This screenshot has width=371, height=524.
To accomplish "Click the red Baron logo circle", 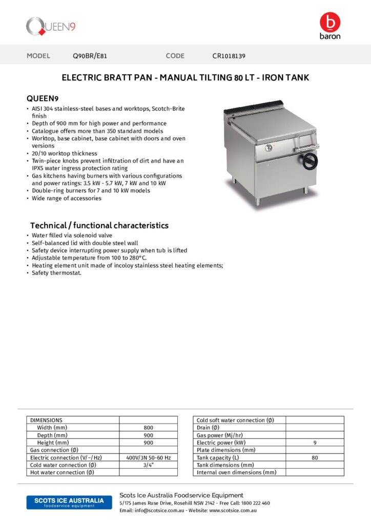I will (329, 23).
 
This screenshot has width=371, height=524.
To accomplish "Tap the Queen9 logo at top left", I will (51, 26).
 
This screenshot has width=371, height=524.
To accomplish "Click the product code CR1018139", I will (232, 56).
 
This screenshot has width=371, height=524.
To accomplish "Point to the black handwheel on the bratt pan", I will (310, 161).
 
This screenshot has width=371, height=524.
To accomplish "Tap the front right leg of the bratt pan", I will (305, 190).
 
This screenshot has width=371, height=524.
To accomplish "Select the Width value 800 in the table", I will (148, 427).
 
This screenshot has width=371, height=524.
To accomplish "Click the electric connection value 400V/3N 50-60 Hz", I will (148, 457).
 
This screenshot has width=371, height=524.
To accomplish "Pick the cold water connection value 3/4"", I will (148, 465).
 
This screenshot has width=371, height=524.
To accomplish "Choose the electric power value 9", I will (315, 443).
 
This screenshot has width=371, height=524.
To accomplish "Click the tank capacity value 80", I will (315, 457).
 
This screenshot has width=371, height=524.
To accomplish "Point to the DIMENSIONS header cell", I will (47, 420).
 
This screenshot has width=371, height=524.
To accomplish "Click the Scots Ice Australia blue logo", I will (69, 502).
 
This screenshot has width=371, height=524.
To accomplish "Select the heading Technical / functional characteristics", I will (99, 226).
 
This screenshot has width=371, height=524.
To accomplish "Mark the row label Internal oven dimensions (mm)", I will (236, 472).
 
